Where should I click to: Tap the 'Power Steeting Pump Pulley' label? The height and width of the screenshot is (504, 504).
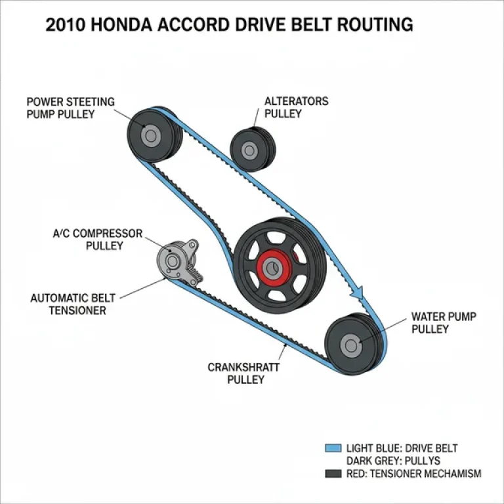(x=70, y=108)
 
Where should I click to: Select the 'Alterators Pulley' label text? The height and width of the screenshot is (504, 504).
(x=296, y=107)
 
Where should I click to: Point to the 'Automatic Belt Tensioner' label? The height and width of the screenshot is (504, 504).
(x=77, y=304)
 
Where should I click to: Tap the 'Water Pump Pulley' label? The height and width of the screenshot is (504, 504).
(x=443, y=323)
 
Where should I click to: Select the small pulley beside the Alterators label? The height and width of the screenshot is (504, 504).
(x=249, y=149)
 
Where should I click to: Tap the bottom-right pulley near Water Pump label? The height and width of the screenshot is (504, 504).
(x=352, y=345)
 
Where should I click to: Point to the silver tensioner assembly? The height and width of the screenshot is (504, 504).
(x=177, y=260)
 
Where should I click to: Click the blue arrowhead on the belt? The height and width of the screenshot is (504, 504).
(x=359, y=291)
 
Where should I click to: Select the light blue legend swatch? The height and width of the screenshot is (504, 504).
(x=333, y=448)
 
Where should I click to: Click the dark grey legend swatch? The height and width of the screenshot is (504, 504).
(x=333, y=474)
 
